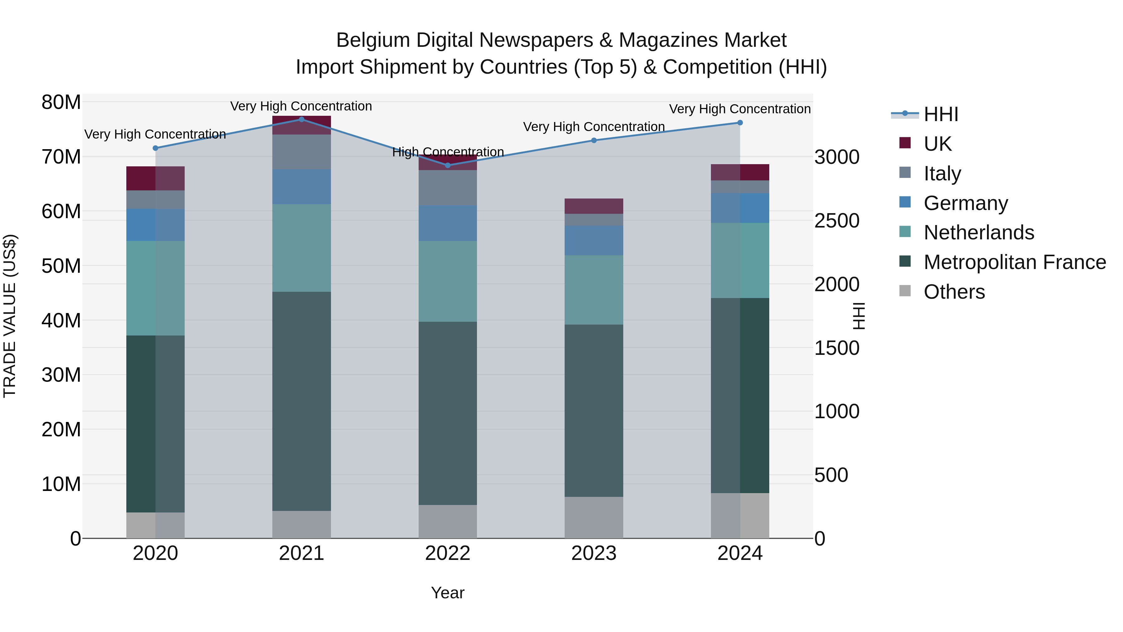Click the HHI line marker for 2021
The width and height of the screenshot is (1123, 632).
(x=301, y=120)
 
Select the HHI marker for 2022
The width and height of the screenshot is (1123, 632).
(x=447, y=165)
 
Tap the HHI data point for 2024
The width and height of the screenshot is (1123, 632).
(x=740, y=123)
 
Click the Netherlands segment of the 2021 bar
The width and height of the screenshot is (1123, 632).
(x=301, y=248)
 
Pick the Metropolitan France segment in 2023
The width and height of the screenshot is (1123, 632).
(x=593, y=410)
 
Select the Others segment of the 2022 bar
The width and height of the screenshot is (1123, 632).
(x=447, y=521)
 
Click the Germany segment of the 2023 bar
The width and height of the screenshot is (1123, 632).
(x=593, y=240)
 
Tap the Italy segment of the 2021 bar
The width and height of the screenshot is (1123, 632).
(x=301, y=152)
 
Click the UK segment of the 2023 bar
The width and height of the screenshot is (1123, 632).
(x=593, y=206)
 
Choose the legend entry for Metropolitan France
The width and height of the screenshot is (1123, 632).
(x=1014, y=262)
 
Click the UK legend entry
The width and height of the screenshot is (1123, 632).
(x=937, y=144)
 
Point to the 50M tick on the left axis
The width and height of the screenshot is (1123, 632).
(x=61, y=266)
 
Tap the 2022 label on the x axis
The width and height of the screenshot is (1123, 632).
(x=447, y=553)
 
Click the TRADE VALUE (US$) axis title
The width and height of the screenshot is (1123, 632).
(x=10, y=316)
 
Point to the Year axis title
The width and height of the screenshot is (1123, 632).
(x=447, y=593)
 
